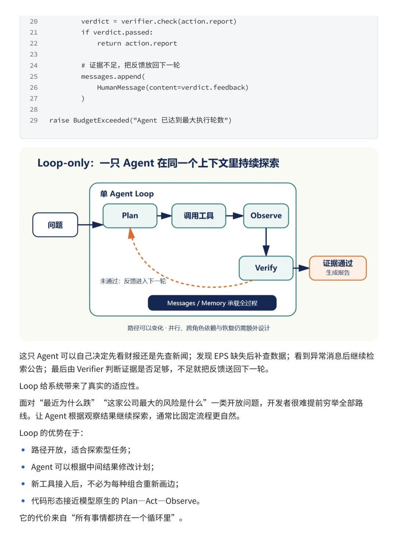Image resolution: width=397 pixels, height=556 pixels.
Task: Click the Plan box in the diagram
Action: [130, 216]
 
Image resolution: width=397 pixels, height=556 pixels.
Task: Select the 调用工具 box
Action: [198, 216]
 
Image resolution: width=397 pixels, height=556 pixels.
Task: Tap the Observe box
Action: [266, 216]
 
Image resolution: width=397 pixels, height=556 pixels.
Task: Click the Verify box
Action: [266, 268]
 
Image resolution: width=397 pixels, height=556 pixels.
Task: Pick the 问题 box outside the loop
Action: [55, 225]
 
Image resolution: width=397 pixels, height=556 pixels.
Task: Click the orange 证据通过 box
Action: [338, 268]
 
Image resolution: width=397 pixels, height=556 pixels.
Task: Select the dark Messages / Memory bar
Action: [212, 303]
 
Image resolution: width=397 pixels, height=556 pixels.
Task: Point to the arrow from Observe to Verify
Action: [266, 242]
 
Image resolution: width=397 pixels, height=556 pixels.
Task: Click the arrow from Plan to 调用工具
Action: [165, 216]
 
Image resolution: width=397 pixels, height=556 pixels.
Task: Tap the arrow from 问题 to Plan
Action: [90, 225]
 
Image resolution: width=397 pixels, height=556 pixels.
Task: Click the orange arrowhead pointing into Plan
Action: [131, 233]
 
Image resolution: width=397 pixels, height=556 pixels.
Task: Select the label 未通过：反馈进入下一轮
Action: [133, 281]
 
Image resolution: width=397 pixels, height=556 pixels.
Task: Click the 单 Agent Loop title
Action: [127, 193]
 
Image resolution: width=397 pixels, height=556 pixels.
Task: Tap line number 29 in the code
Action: [33, 120]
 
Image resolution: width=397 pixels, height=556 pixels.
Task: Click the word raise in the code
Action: [59, 120]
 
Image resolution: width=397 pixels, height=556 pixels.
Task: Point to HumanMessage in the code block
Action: [121, 88]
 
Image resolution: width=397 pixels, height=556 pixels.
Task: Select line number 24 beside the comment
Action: [33, 65]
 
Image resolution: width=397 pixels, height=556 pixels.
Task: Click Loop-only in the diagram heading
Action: [63, 163]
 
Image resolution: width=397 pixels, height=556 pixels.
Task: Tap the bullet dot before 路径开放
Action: [23, 450]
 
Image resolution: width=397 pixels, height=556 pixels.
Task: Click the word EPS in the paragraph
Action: [221, 356]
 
